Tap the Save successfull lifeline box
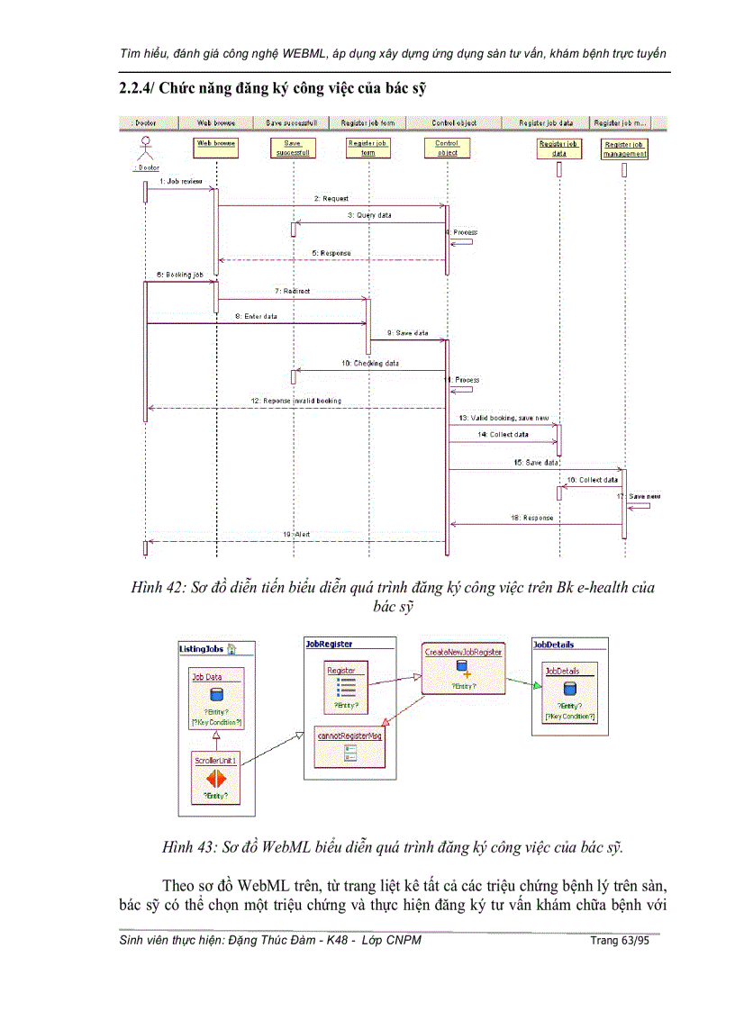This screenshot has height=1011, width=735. tap(293, 148)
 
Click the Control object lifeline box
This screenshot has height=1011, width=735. tap(447, 148)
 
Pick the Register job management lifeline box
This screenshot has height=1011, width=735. tap(624, 149)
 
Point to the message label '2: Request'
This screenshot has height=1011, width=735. tap(331, 198)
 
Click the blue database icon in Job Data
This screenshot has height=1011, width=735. tap(215, 694)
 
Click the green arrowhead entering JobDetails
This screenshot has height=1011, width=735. tap(536, 687)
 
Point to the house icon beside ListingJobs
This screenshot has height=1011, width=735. tap(231, 647)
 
